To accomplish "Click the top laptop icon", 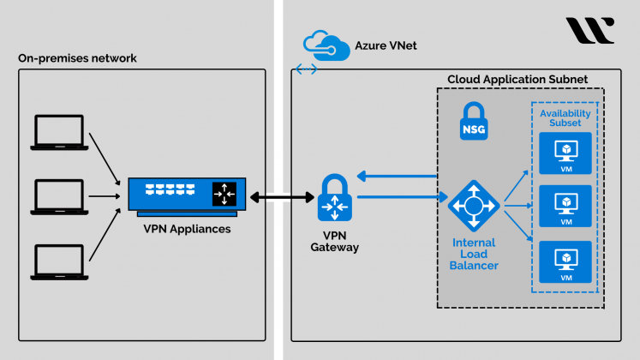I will pos(58,133).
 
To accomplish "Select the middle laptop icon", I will pos(58,197).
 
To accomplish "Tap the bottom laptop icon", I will pos(58,261).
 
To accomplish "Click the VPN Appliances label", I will pos(186,229).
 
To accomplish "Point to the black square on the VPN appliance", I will pos(224,194).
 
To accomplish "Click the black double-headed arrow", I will pos(280,197).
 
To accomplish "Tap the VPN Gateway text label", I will pos(333,241).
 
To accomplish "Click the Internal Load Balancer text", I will pos(474,255).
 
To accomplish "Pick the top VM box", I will pos(565,153).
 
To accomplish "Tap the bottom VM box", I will pos(565,262).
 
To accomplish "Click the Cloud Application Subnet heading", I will pos(517,80).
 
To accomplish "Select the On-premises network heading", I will pos(77,58).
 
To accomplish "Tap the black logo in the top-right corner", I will pos(589,31).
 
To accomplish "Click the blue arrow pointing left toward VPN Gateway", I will pos(398,177).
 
